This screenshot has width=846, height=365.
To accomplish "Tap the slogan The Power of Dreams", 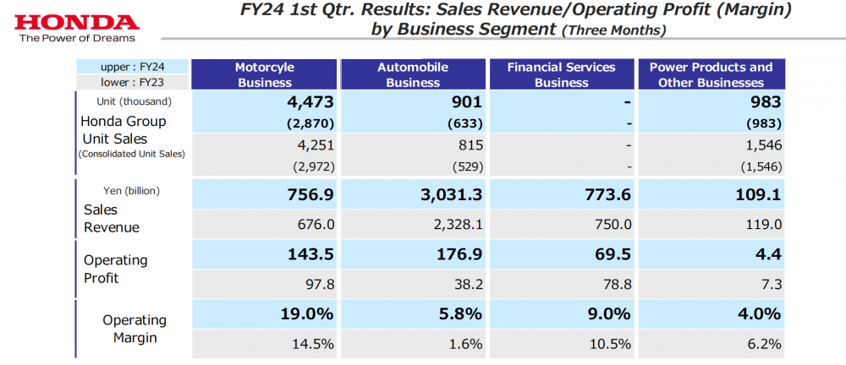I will [68, 38].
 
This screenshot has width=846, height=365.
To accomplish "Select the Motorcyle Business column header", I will [264, 74].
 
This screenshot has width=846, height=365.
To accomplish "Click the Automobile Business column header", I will [413, 74].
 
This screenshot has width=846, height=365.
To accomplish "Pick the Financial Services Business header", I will [562, 74].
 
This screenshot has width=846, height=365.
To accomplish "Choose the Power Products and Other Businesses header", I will [711, 74].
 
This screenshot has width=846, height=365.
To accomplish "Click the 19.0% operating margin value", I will [308, 314].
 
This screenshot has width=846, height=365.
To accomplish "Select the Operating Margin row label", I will [134, 329].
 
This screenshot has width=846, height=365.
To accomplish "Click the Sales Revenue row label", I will [111, 218].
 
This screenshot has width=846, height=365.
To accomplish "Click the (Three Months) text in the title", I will [613, 30].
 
